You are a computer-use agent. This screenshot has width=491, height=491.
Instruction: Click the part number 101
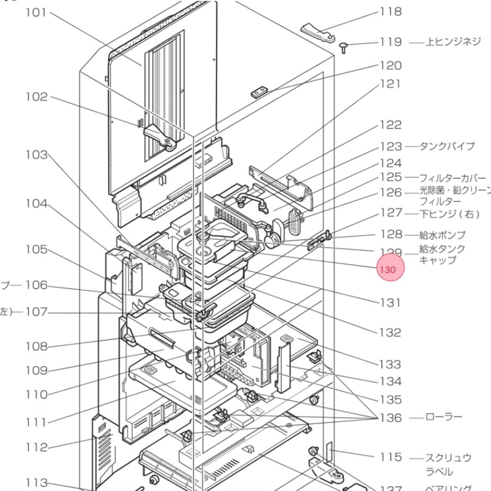(x=36, y=12)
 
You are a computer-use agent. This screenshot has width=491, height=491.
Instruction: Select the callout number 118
(x=391, y=12)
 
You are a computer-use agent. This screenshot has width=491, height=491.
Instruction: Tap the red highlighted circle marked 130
(x=391, y=270)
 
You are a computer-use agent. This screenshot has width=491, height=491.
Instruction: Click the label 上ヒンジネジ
(x=453, y=42)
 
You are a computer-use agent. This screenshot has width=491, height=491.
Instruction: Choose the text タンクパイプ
(x=447, y=146)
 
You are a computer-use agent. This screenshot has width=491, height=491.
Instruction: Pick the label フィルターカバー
(x=452, y=178)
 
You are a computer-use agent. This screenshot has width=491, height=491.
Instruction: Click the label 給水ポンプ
(x=442, y=235)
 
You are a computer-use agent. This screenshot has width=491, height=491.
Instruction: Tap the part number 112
(x=36, y=447)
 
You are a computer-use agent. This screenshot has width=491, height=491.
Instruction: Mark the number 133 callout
(x=391, y=364)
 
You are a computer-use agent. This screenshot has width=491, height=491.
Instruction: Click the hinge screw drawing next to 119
(x=345, y=47)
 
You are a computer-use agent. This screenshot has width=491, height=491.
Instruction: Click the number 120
(x=391, y=65)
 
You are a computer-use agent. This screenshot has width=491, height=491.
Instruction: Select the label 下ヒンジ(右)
(x=450, y=213)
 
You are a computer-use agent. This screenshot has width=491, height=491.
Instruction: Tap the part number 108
(x=36, y=346)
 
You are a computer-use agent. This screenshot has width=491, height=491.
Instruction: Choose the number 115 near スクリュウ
(x=391, y=457)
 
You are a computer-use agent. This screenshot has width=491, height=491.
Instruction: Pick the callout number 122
(x=391, y=125)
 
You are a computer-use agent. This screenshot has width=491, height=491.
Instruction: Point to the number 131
(x=391, y=302)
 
